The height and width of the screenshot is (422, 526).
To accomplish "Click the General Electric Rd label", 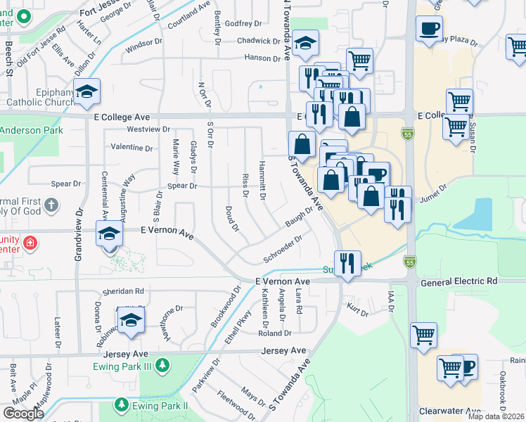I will [459, 281].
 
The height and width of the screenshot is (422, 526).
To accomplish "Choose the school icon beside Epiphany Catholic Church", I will [87, 92].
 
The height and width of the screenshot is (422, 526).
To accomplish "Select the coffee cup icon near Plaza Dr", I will [429, 29].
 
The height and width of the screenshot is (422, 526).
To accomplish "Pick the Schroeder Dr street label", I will [283, 249].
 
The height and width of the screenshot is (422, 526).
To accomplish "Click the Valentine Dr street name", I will [131, 148].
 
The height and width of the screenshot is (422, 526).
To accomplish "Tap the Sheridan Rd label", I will [123, 290].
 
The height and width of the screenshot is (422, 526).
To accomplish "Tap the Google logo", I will [23, 414].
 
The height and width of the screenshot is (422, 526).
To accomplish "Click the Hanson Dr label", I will [263, 58].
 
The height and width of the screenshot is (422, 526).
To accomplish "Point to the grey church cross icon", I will [50, 205].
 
